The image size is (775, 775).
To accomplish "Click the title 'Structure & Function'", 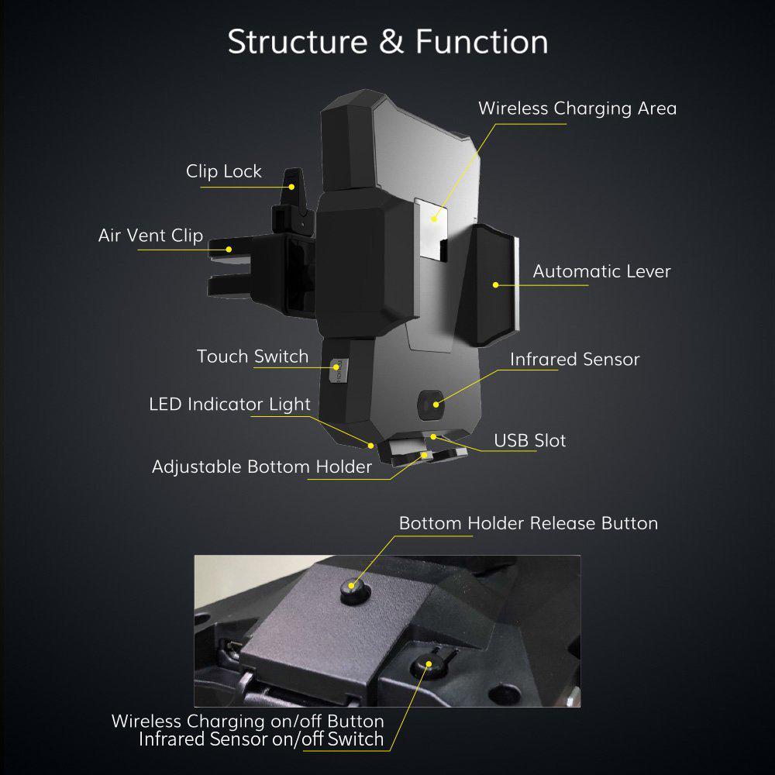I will (387, 42).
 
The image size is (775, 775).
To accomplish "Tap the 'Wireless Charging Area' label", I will (577, 108).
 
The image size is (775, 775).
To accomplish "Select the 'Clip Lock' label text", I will (224, 171).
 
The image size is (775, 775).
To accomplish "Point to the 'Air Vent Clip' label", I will (150, 235).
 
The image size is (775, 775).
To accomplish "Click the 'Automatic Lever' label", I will (601, 271).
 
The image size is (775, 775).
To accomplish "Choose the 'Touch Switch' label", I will (253, 356).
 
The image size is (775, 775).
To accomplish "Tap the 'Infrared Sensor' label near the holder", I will (574, 360).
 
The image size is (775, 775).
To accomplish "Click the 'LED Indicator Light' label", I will (229, 404).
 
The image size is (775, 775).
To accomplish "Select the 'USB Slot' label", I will (530, 441).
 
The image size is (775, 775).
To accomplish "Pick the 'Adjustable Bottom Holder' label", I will (262, 467).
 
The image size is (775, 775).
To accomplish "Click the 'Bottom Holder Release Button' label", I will (528, 523).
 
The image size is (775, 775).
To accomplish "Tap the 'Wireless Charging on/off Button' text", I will (247, 721).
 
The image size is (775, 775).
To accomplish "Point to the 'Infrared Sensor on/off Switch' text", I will (261, 739).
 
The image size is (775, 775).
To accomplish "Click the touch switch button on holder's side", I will (336, 370).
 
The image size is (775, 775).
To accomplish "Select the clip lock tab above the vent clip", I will (292, 186).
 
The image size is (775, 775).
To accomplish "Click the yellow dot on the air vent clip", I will (229, 249).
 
